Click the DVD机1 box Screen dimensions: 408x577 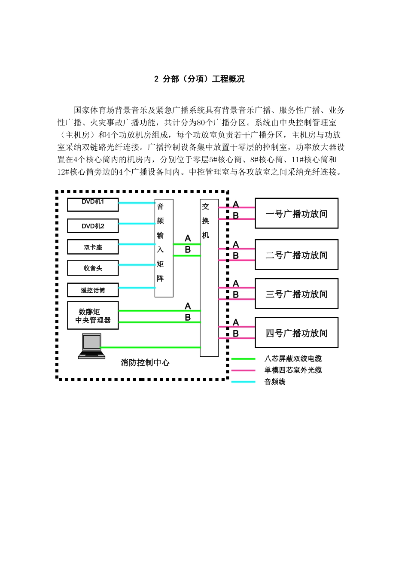pos(93,204)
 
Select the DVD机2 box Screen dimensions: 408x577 pos(93,226)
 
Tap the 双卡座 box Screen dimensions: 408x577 pos(93,247)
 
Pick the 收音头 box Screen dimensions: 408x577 pos(93,267)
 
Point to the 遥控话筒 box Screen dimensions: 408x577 pos(93,290)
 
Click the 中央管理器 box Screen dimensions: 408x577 pos(93,315)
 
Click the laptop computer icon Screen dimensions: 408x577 pos(91,346)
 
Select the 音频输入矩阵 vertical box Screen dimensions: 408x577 pos(164,248)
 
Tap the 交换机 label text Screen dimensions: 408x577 pos(205,221)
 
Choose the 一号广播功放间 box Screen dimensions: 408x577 pos(297,213)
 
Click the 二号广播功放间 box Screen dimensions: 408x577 pos(297,255)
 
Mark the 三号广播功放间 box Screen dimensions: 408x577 pos(297,293)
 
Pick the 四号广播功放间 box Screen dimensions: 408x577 pos(297,332)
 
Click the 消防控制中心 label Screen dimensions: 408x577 pos(145,363)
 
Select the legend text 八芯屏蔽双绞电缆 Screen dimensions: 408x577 pos(293,358)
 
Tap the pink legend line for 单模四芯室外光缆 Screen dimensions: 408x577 pos(244,370)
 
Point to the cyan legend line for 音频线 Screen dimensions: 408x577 pos(244,382)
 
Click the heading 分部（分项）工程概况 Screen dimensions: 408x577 pos(204,79)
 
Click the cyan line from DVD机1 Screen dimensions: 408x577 pos(137,203)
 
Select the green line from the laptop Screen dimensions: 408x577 pos(150,347)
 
